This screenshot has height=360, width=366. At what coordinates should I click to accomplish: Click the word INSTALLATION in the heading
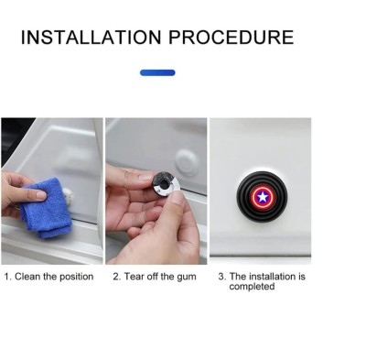coord(91,38)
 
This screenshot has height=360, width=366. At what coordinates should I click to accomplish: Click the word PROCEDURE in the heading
coord(231,38)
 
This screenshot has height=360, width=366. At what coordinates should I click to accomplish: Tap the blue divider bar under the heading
coord(157,72)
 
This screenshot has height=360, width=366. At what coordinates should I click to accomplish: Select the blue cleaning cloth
coord(47,207)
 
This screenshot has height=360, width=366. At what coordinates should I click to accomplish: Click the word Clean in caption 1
coord(27,277)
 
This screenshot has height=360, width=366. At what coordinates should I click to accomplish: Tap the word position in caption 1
coord(76,277)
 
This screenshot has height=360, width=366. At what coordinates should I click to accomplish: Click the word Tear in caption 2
coord(135,277)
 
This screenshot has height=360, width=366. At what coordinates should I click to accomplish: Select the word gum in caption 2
coord(187,278)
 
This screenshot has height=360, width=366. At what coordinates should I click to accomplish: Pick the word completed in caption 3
coord(252,287)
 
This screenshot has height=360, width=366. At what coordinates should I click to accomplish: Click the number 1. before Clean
coord(8,277)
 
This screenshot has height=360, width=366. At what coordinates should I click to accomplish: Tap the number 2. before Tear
coord(117,277)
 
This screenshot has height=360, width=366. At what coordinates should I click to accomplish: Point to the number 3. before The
coord(222,277)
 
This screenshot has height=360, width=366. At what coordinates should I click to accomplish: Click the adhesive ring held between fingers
coord(167,184)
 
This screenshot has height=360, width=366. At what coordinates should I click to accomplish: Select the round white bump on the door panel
coord(188,162)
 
